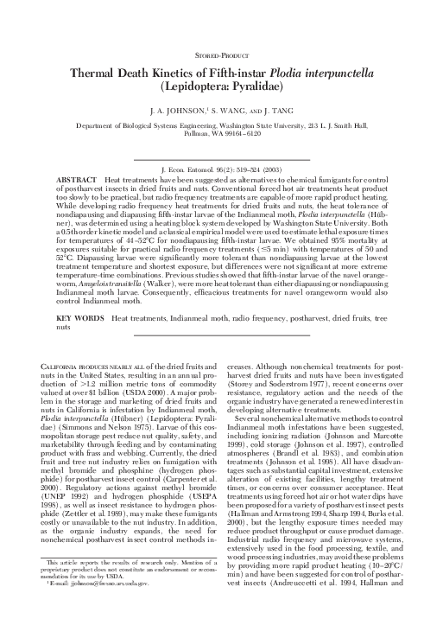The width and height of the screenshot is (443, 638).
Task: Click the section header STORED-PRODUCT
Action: tap(221, 54)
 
